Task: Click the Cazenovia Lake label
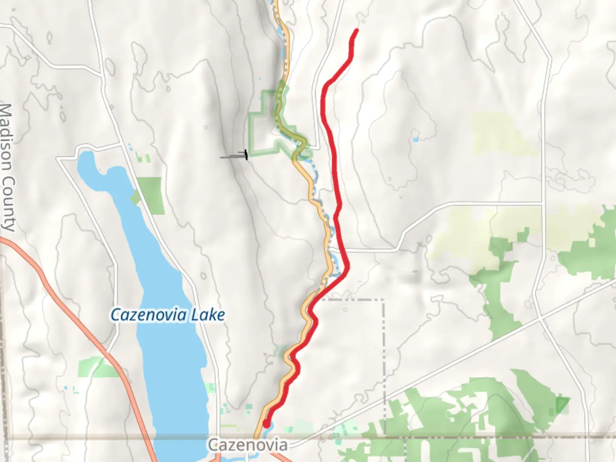[167, 315]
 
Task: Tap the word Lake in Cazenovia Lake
[208, 315]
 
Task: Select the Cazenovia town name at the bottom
[248, 445]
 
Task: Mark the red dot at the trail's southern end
[266, 424]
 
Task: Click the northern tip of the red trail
[357, 30]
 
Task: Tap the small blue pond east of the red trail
[415, 139]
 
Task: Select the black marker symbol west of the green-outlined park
[246, 155]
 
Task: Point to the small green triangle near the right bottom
[562, 404]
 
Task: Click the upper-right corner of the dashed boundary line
[383, 300]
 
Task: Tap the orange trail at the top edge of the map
[276, 4]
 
